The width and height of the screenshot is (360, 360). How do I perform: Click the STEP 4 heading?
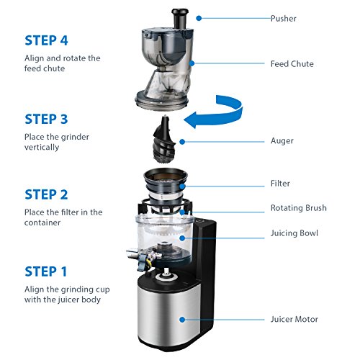pos(46,40)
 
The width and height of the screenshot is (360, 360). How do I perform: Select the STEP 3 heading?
pos(46,119)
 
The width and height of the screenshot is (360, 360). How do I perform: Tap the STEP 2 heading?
pos(46,194)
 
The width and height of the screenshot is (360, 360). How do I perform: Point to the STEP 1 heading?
pos(46,271)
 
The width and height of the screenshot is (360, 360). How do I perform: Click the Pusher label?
pos(284,19)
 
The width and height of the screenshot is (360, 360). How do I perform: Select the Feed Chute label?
pos(292,64)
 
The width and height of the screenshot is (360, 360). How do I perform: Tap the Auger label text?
pos(282,141)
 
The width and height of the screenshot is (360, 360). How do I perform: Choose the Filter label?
pos(280,184)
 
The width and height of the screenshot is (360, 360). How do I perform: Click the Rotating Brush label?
pos(299,208)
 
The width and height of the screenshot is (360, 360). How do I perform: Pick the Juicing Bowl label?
pos(294,233)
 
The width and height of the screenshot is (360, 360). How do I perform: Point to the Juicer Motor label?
pos(294,319)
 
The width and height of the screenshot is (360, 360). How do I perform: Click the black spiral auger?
pos(164,140)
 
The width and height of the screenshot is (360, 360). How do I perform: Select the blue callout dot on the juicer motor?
pos(182,320)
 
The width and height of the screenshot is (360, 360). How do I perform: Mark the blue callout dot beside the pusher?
pos(199,18)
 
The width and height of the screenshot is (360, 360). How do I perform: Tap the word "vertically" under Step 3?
pos(42,148)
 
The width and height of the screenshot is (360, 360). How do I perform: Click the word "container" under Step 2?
pos(42,222)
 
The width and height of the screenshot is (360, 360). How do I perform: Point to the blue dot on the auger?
pos(182,142)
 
